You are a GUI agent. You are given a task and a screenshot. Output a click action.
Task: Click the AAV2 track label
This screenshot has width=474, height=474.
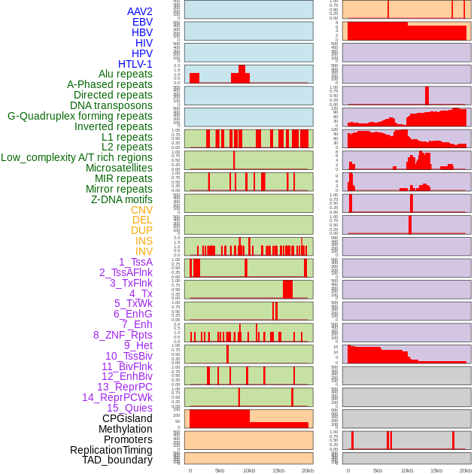pos(139,11)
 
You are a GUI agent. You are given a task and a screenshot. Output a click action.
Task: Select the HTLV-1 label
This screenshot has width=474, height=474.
pos(135,64)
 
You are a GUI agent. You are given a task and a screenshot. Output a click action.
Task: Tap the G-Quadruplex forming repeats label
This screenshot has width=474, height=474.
pos(80,116)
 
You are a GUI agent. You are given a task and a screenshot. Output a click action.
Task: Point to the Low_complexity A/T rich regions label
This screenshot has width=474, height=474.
pos(77,157)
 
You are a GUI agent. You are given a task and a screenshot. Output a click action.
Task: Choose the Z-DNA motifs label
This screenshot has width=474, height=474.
pos(121,199)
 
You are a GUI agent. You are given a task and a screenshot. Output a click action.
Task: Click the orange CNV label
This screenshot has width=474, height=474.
pos(141,210)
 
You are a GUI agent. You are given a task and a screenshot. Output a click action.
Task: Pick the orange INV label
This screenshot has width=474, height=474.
pos(144,251)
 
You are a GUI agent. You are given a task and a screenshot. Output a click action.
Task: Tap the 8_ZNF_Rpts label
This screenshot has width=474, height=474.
pos(123,335)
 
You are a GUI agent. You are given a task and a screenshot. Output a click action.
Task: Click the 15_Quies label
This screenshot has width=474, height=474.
pos(129,408)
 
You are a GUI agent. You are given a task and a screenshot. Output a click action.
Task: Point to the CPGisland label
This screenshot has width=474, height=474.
pos(127,418)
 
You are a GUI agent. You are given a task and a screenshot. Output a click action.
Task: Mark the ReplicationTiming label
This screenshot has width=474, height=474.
pos(111,450)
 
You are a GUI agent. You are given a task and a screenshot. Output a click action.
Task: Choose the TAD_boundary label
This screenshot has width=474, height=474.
pos(117,460)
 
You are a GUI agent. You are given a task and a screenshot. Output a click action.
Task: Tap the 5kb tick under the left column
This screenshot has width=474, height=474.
pos(220,470)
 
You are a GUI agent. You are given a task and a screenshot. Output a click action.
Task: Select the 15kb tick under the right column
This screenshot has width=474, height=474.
pos(436,470)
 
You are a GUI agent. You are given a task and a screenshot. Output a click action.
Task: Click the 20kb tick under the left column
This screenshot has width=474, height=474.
pos(308,470)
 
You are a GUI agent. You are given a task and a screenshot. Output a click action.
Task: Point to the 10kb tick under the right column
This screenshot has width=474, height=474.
pos(407,470)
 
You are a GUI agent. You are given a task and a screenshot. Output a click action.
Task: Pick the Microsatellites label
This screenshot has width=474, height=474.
pos(119,168)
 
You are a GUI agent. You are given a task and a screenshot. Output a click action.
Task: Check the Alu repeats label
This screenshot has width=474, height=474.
pos(126,74)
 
